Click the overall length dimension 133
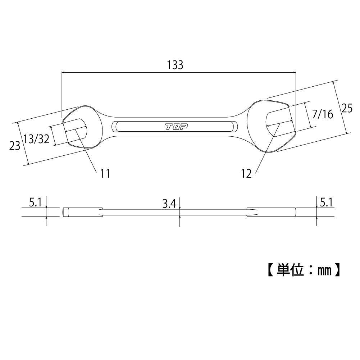coord(175,65)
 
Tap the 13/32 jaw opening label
coord(37,139)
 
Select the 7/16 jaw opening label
coord(323,114)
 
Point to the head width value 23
coord(15,146)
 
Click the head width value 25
coord(347,108)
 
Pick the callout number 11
coord(105,173)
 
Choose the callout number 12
coord(246,174)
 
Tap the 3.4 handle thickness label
coord(169,204)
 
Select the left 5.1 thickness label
coord(35,202)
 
